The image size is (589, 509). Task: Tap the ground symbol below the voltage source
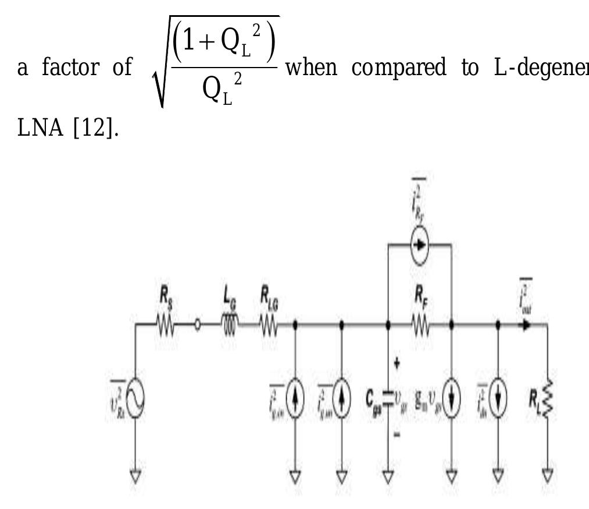click(x=135, y=476)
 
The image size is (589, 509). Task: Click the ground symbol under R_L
click(x=547, y=476)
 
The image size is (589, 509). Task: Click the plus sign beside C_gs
click(x=397, y=363)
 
